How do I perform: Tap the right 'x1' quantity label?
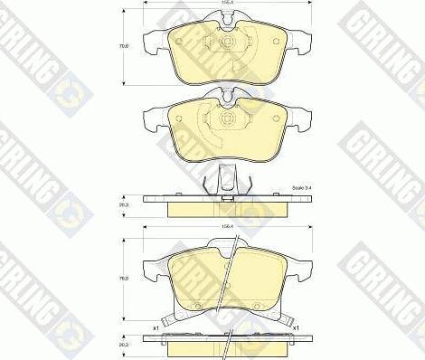click(x=295, y=327)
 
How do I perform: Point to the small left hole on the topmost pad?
click(x=204, y=43)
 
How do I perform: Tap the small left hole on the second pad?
click(x=204, y=118)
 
